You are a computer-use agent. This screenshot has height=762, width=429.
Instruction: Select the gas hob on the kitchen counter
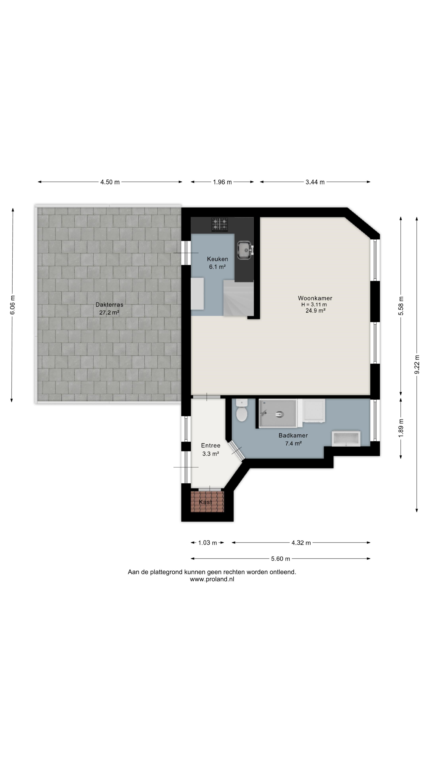point(220,224)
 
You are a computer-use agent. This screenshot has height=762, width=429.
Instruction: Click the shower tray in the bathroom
point(278,413)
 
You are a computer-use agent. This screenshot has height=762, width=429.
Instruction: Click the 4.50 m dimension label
point(110,182)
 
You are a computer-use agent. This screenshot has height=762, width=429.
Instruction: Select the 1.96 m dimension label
point(222,182)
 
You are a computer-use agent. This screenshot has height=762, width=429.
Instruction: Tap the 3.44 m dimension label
point(315,182)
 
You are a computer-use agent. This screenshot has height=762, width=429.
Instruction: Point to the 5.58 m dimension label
point(401,306)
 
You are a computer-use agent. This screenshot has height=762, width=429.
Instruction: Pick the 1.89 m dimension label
point(401,428)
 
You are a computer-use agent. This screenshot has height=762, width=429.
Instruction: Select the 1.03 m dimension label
point(208,543)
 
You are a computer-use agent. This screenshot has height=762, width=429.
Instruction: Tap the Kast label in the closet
point(206,502)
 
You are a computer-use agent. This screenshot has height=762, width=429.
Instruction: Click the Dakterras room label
point(109,305)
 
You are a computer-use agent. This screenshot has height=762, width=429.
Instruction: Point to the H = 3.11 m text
point(314,305)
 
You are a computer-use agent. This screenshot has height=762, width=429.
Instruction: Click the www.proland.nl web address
point(212,579)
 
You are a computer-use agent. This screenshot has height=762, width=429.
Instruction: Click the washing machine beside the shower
point(314,410)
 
